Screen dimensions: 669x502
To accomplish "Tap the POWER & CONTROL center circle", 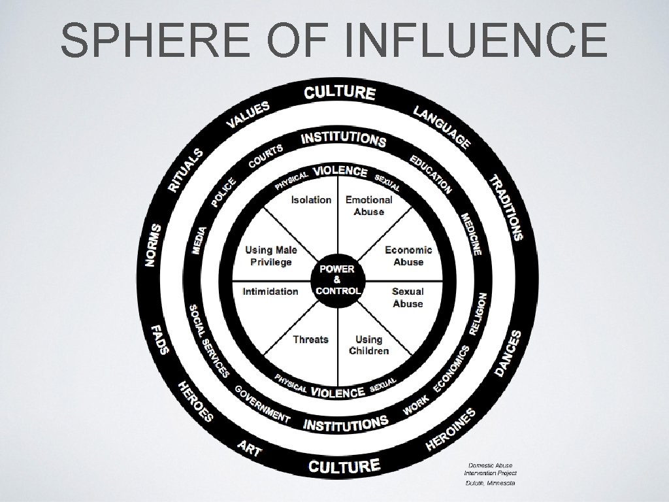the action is (x=336, y=280).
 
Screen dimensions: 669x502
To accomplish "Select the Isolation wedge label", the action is (x=311, y=199).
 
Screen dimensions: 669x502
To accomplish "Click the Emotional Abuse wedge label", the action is (x=368, y=205).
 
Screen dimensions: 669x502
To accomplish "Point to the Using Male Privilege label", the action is (x=271, y=256).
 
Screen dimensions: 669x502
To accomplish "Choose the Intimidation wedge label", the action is (x=270, y=292).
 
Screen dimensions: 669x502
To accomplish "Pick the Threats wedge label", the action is (x=310, y=339).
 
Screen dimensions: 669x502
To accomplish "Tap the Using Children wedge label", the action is (x=368, y=345).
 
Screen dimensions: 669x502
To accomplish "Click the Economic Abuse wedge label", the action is (x=408, y=256).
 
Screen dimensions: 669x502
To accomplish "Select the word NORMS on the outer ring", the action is (x=154, y=244).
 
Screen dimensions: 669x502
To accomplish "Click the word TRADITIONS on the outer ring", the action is (x=508, y=207).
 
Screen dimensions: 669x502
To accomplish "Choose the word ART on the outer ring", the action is (x=250, y=450).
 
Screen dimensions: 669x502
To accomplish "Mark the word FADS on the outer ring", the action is (x=160, y=339).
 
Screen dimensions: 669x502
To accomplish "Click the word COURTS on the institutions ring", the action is (x=266, y=154).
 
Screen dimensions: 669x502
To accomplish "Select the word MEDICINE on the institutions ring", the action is (x=472, y=233).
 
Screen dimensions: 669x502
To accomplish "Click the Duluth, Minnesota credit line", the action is (x=489, y=482).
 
